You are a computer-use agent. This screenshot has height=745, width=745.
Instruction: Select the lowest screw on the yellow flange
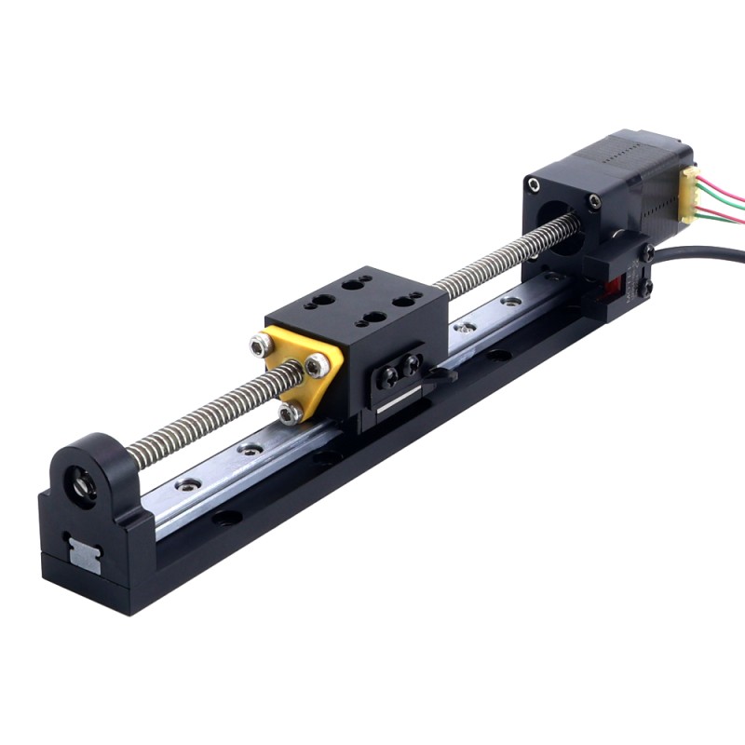tap(291, 411)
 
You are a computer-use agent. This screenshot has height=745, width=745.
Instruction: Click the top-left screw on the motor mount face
tap(534, 186)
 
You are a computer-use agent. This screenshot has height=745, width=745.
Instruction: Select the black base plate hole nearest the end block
tap(225, 518)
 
